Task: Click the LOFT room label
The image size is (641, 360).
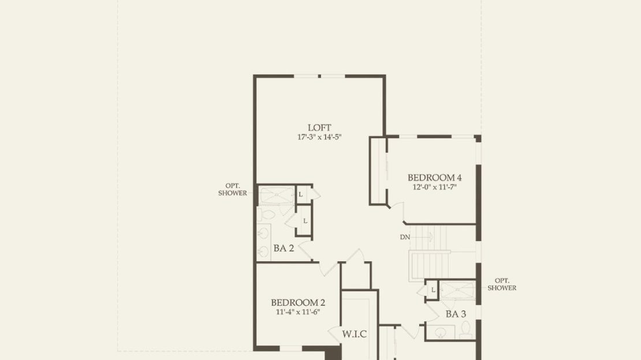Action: pyautogui.click(x=319, y=128)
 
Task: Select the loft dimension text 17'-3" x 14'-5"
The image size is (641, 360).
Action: pyautogui.click(x=319, y=137)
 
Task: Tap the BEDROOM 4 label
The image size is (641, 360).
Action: pyautogui.click(x=435, y=177)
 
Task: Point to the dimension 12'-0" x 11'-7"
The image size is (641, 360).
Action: pyautogui.click(x=435, y=187)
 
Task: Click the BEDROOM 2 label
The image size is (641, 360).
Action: pyautogui.click(x=298, y=303)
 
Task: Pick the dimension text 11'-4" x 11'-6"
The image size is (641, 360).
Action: pyautogui.click(x=298, y=312)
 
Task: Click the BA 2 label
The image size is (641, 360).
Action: pyautogui.click(x=284, y=248)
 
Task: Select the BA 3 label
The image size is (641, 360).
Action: pyautogui.click(x=456, y=314)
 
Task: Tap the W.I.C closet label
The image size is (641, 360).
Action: pyautogui.click(x=355, y=334)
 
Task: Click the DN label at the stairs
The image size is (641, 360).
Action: pyautogui.click(x=405, y=237)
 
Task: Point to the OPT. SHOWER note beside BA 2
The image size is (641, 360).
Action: pyautogui.click(x=233, y=190)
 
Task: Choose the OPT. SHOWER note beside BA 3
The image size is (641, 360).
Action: pyautogui.click(x=502, y=284)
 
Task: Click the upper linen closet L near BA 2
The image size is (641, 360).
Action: pyautogui.click(x=301, y=194)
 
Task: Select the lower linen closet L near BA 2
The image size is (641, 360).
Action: pyautogui.click(x=305, y=221)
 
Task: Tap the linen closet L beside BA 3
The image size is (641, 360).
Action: pyautogui.click(x=433, y=290)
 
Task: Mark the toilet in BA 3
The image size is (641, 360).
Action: pyautogui.click(x=466, y=330)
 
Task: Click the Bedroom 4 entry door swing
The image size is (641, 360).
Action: pyautogui.click(x=398, y=211)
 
